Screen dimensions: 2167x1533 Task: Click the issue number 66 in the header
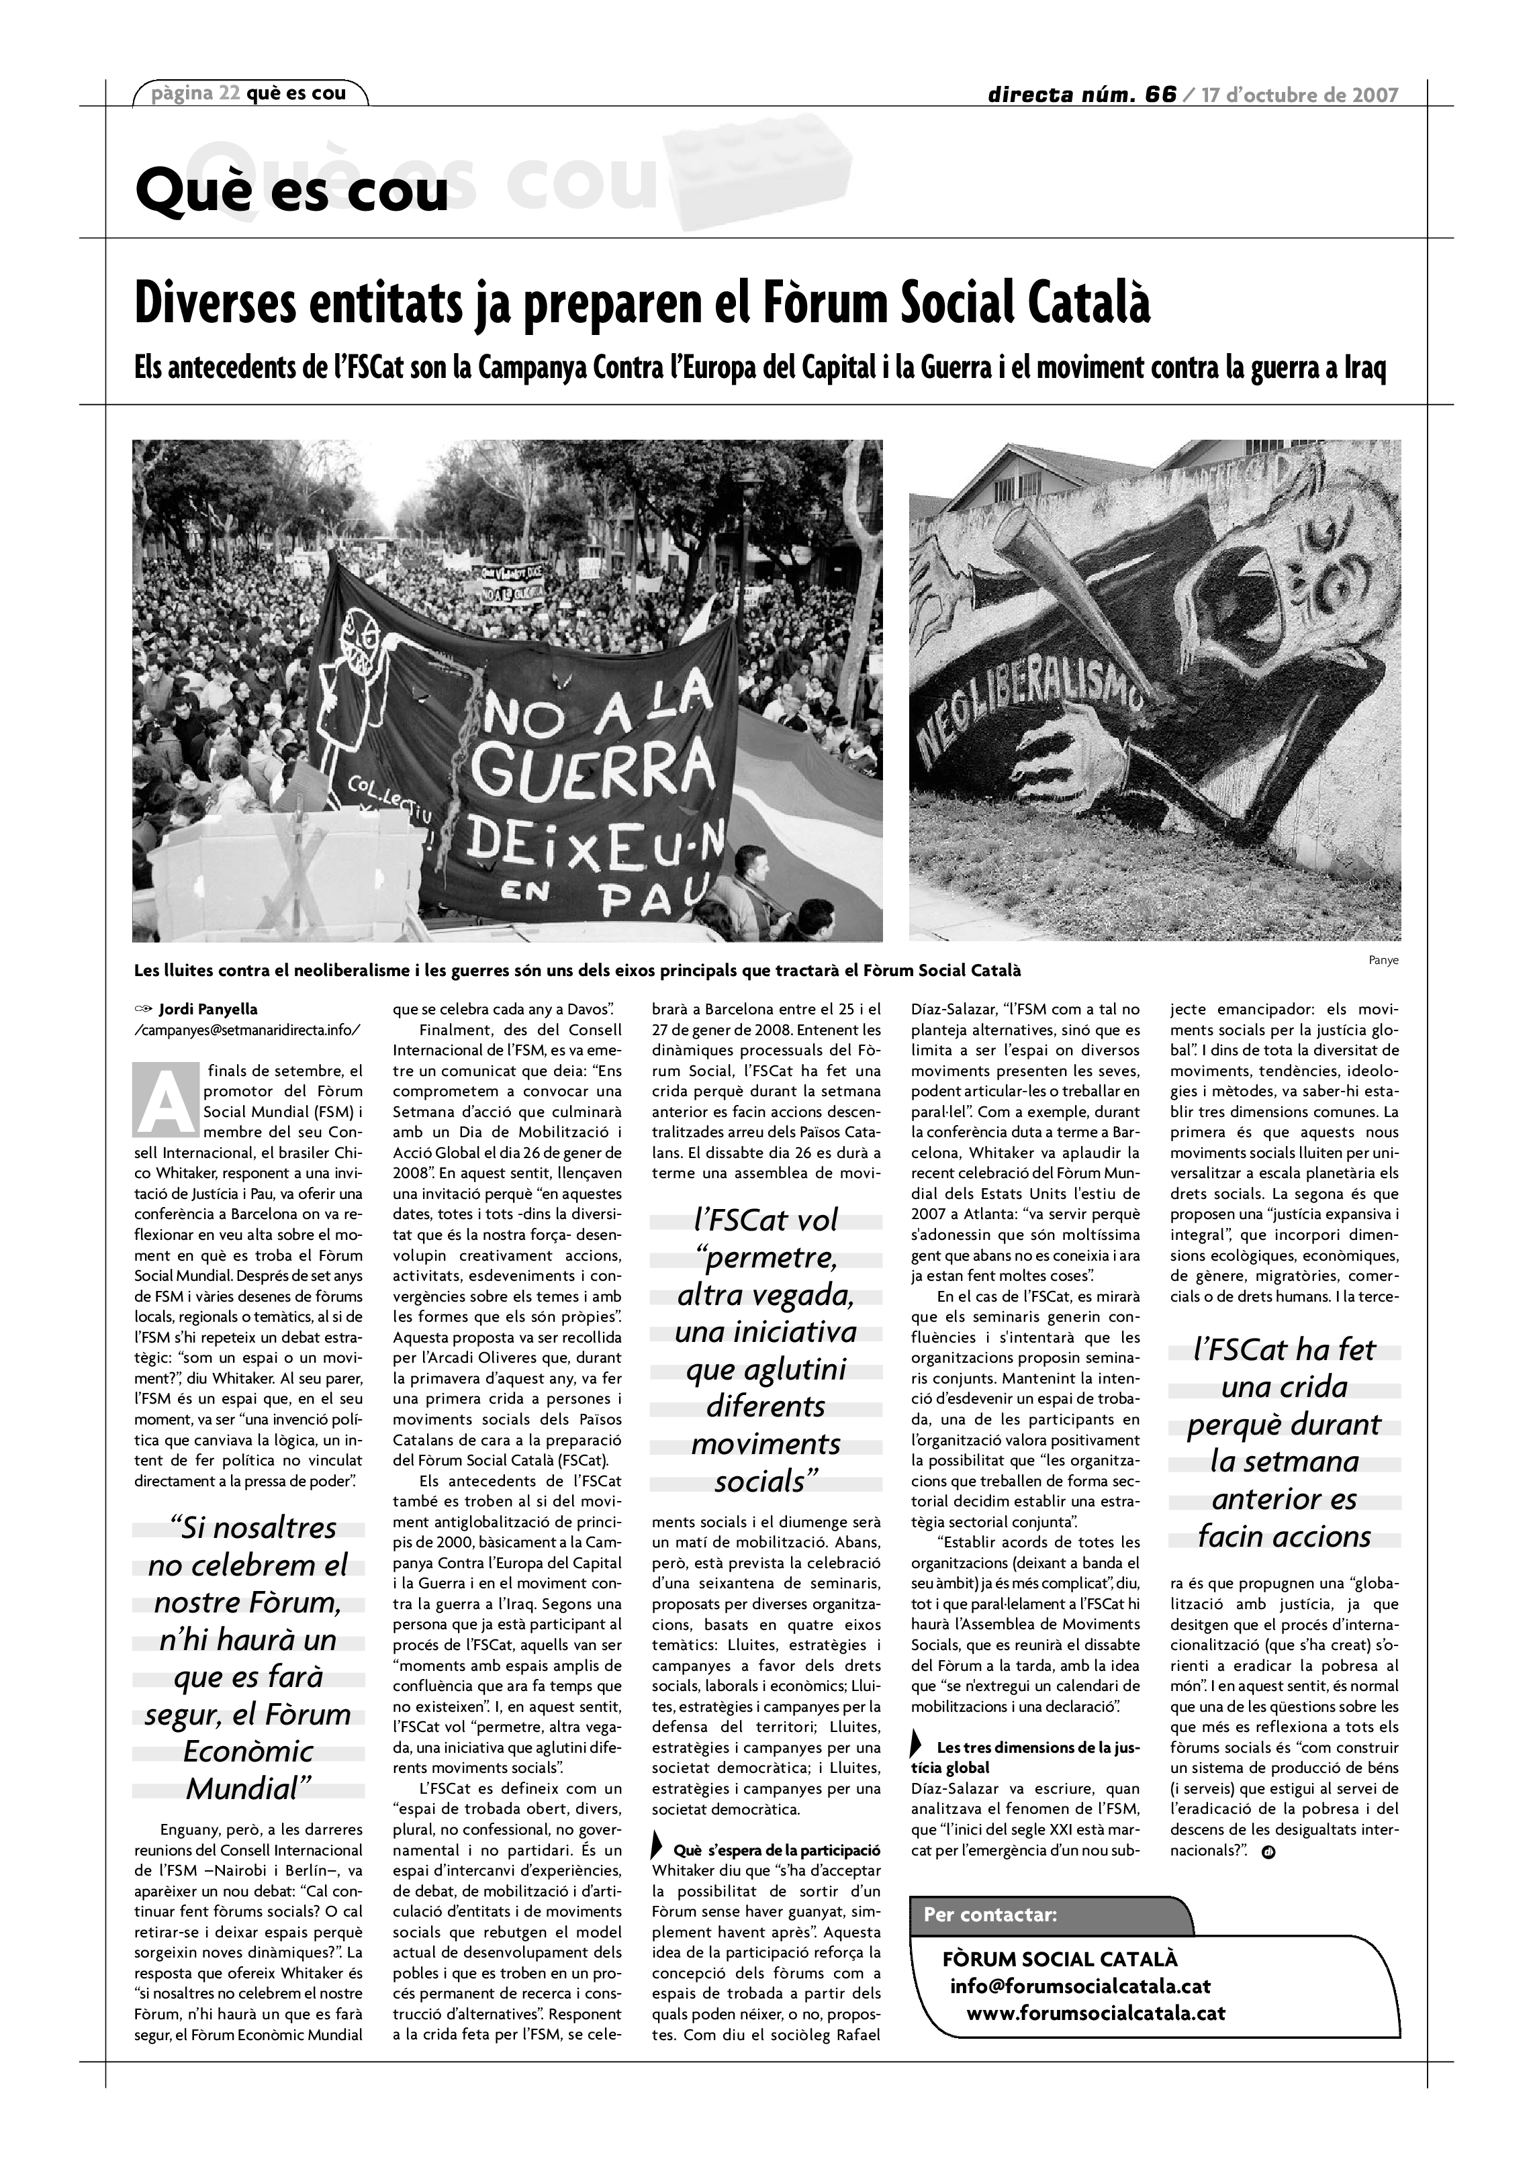point(1160,95)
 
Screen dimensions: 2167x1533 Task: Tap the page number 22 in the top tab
point(228,93)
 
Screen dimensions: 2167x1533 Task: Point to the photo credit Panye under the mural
point(1383,961)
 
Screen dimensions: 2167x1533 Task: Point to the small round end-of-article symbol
point(1268,1851)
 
